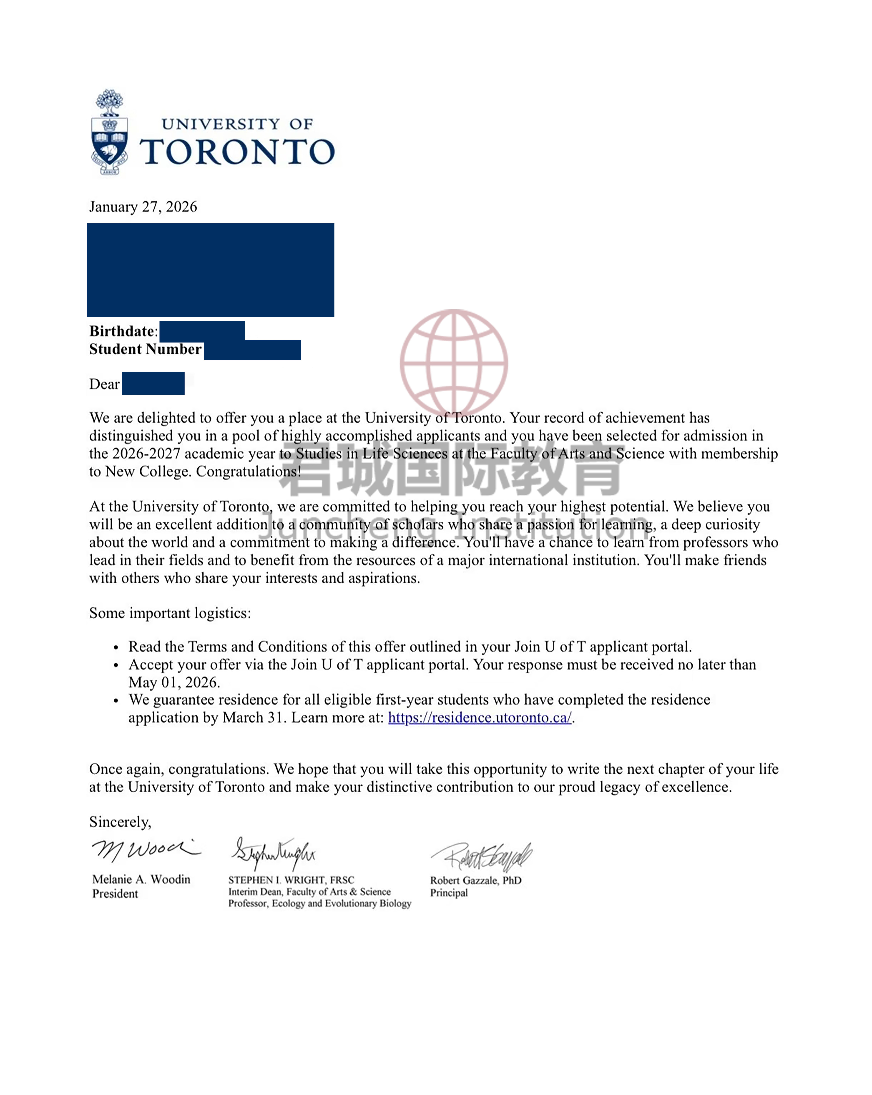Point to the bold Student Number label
click(x=145, y=349)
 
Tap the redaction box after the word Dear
click(x=153, y=383)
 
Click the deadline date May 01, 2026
click(x=174, y=682)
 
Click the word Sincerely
click(x=120, y=822)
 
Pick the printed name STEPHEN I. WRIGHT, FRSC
click(x=291, y=880)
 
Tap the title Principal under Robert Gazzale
click(x=448, y=893)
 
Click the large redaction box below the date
click(x=210, y=270)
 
